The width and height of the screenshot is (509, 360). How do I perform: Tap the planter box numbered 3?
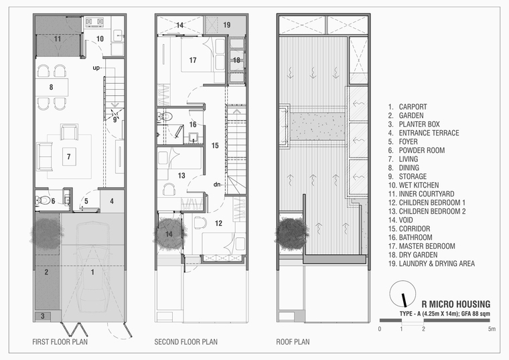tap(42, 316)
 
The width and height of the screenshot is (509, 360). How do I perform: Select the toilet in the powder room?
tap(43, 200)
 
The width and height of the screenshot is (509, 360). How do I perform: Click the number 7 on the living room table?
tap(68, 157)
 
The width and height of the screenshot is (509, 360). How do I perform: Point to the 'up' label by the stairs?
tap(96, 68)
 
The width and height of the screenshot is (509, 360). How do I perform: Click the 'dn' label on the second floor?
tap(217, 184)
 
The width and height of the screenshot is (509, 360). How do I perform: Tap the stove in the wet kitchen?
tap(94, 21)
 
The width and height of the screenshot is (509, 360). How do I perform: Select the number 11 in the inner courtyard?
tap(58, 39)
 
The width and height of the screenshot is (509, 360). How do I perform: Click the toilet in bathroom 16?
tap(165, 117)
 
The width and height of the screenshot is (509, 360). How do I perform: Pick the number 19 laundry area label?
tap(226, 25)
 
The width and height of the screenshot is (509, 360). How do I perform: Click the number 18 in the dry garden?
tap(236, 60)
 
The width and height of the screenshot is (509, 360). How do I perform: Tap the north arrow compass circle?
tap(403, 294)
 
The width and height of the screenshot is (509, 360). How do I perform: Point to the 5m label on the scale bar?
tap(492, 328)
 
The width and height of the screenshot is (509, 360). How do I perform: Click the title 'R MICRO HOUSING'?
tap(456, 304)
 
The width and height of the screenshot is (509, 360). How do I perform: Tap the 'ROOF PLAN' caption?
tap(293, 342)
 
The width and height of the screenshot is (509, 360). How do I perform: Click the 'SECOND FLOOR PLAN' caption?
tap(186, 342)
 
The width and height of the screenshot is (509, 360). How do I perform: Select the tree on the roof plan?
tap(291, 233)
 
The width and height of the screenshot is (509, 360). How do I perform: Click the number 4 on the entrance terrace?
tap(112, 201)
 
